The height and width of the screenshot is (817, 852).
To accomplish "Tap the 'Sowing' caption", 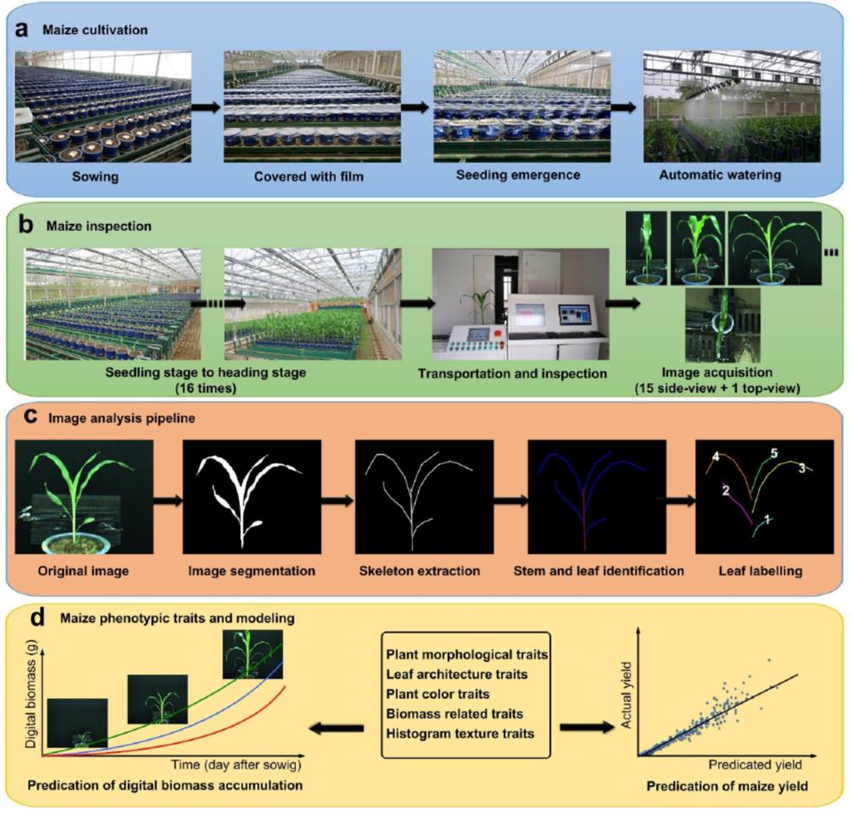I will (102, 177).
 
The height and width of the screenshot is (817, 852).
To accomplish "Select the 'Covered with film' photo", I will (311, 106).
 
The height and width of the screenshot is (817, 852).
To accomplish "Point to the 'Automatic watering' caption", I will (732, 177).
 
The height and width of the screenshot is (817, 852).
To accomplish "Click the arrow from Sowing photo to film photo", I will (207, 107).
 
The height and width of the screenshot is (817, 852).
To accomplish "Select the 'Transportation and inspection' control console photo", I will (520, 304).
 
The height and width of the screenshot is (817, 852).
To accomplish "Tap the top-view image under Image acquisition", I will (722, 325).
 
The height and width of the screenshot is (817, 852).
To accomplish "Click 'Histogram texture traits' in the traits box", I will (459, 732).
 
